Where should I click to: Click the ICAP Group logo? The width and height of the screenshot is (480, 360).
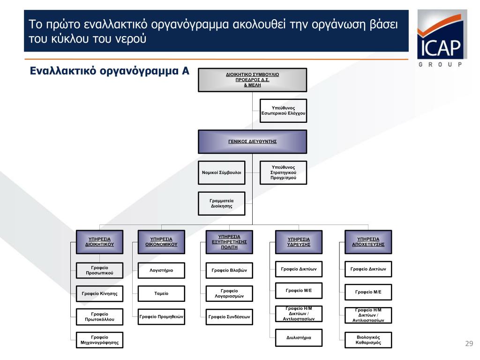click(x=441, y=37)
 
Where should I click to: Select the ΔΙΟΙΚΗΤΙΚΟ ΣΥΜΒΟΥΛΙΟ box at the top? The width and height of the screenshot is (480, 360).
click(x=252, y=80)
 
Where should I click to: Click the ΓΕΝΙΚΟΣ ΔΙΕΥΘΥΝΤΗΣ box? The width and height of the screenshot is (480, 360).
click(x=252, y=141)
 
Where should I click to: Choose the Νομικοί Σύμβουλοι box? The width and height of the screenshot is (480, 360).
click(x=221, y=172)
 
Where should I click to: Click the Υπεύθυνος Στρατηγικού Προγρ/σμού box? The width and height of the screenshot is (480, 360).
click(x=283, y=172)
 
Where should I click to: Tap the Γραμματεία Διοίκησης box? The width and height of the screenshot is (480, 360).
click(x=221, y=203)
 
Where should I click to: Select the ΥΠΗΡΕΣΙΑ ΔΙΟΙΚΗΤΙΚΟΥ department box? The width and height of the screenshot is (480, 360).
click(x=100, y=241)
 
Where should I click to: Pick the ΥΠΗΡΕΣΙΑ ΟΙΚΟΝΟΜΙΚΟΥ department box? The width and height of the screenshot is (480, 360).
click(x=161, y=241)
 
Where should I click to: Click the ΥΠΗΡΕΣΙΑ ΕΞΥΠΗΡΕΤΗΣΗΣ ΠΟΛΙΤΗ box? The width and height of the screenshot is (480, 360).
click(x=229, y=241)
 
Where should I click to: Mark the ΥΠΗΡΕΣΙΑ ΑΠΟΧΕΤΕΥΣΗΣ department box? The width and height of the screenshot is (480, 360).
click(x=368, y=241)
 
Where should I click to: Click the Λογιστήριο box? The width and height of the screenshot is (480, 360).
click(x=161, y=270)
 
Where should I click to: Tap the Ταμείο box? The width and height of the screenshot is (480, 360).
click(x=161, y=293)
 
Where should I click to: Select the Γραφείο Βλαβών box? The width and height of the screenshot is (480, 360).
click(x=229, y=270)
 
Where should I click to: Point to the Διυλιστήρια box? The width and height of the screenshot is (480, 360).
click(x=299, y=337)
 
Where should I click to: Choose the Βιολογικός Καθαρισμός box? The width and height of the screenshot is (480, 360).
click(x=368, y=340)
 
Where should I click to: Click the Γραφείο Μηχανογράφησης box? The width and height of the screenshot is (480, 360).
click(x=99, y=340)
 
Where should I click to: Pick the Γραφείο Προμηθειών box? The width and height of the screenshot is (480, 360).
click(x=161, y=317)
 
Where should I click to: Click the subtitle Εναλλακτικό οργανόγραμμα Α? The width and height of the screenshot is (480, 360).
click(x=109, y=71)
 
